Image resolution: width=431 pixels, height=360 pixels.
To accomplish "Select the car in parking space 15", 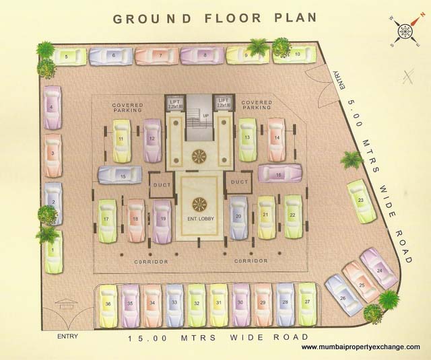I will pyautogui.click(x=120, y=176).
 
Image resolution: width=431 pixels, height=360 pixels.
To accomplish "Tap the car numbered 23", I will pyautogui.click(x=361, y=201).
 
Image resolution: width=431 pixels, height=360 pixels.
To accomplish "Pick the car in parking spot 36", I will pyautogui.click(x=108, y=304).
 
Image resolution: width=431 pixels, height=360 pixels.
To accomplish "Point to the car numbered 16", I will pyautogui.click(x=279, y=174).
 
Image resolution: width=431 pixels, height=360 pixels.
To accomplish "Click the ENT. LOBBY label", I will pyautogui.click(x=199, y=219).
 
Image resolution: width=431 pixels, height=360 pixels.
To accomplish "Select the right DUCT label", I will pyautogui.click(x=240, y=181).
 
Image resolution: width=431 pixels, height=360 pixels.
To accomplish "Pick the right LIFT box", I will pyautogui.click(x=224, y=103).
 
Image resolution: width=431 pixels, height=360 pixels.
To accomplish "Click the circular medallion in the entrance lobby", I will pyautogui.click(x=199, y=203).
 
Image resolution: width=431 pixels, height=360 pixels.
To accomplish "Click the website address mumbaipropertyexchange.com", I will pyautogui.click(x=360, y=347).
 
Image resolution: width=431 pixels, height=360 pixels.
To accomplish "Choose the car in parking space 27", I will pyautogui.click(x=308, y=303).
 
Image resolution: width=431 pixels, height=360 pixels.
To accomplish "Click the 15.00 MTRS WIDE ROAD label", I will pyautogui.click(x=218, y=336).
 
